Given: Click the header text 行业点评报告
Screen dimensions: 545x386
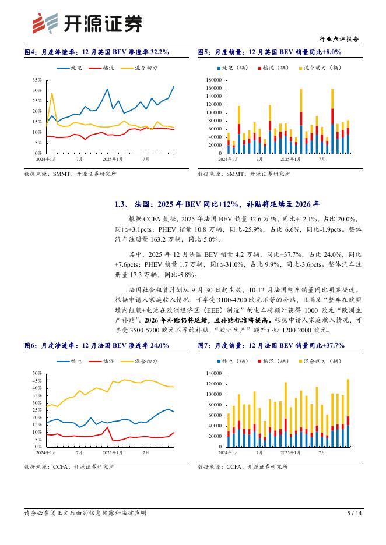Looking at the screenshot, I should pos(341,40).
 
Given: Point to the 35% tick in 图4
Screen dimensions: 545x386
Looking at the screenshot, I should pos(36,80).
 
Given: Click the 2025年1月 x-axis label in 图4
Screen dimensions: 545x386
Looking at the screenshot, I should pos(113,158).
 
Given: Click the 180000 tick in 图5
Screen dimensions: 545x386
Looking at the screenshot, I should pos(214,80).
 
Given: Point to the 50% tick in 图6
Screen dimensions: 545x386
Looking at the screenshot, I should pos(36,373).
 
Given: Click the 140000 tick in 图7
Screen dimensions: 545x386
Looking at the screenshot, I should pos(214,373).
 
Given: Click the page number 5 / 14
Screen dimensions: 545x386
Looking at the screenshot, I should pos(355,513).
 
